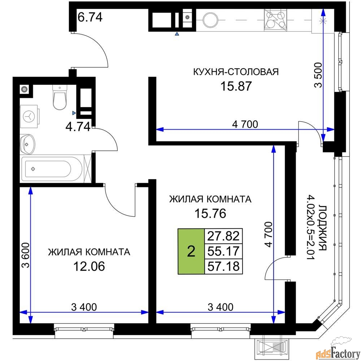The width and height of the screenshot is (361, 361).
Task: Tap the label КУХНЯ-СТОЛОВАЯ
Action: tap(236, 71)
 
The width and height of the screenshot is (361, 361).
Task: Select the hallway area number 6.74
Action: tap(90, 17)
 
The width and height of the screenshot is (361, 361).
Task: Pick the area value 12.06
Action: tap(89, 266)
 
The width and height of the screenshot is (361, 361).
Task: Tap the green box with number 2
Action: tap(191, 251)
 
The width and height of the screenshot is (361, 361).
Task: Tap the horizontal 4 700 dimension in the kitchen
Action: tap(245, 125)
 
